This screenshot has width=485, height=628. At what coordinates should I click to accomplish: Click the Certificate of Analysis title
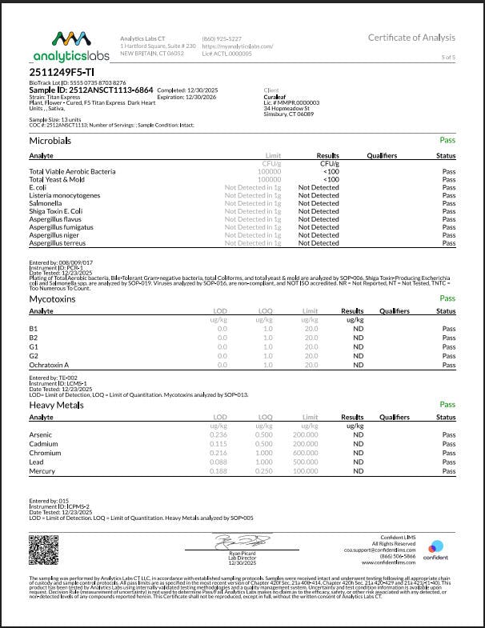click(x=411, y=38)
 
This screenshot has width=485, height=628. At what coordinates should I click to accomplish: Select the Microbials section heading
click(x=50, y=140)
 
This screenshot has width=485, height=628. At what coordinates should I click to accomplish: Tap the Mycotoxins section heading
click(x=53, y=298)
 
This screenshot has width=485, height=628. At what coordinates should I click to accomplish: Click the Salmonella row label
click(x=46, y=203)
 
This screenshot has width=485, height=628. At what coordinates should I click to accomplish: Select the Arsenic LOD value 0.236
click(x=218, y=435)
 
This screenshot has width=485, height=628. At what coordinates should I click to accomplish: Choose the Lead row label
click(x=37, y=462)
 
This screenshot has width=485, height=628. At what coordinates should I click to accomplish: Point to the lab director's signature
click(x=234, y=544)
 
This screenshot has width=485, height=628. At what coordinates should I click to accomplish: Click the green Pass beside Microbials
click(x=447, y=140)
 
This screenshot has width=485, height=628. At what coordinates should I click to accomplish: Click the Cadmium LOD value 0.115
click(x=218, y=444)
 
